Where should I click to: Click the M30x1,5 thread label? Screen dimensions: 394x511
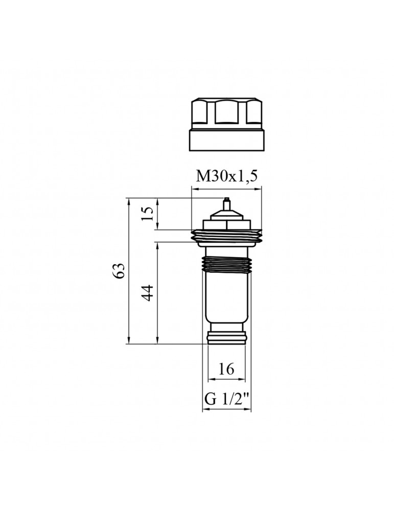point(226,176)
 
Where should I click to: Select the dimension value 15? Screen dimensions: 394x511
point(148,214)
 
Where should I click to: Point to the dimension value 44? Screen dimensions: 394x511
point(148,293)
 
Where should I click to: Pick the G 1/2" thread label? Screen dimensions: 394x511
point(227,399)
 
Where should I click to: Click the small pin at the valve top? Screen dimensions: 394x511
point(226,204)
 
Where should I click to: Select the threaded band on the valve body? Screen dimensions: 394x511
point(226,264)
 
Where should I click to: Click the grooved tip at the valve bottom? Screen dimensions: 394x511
point(226,337)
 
